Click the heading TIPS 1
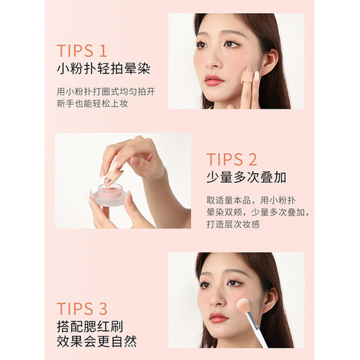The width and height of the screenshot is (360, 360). pyautogui.click(x=82, y=51)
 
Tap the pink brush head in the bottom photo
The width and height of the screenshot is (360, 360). pyautogui.click(x=245, y=305)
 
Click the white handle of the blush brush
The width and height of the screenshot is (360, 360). pyautogui.click(x=273, y=332)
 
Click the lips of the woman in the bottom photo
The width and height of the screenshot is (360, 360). pyautogui.click(x=217, y=318)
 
